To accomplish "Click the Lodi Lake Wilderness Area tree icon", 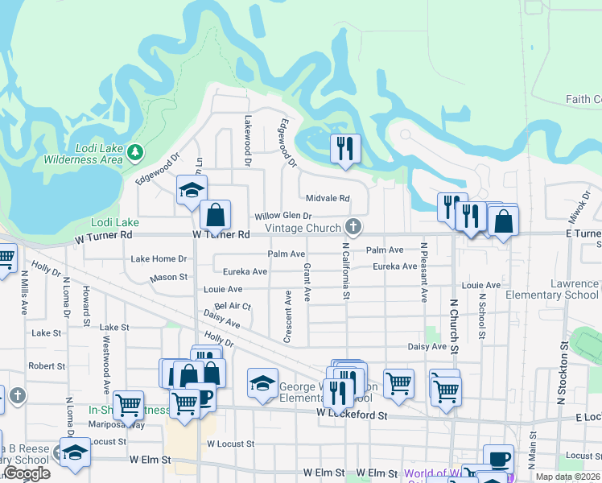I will coord(136,151).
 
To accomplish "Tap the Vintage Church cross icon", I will coord(353,225).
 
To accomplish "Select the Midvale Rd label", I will coord(328,198).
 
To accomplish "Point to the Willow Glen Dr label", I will coord(282,217).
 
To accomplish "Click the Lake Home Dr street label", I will coord(159,258).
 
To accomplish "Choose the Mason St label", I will coord(168,278).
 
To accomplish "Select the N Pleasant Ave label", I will coord(423,271).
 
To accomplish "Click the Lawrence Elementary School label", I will coord(552,290).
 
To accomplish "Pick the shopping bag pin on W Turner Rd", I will coord(216,215).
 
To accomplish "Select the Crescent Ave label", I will coord(287,316).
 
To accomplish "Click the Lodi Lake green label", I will coord(115,222).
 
